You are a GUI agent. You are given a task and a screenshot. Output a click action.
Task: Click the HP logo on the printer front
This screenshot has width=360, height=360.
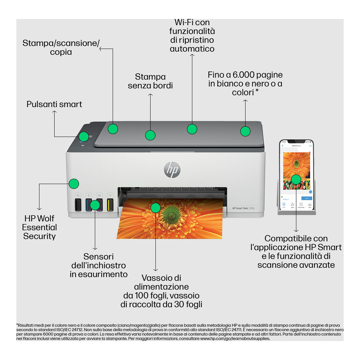pos(172,170)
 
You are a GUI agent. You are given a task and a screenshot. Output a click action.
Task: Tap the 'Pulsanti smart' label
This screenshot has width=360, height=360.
pos(54,104)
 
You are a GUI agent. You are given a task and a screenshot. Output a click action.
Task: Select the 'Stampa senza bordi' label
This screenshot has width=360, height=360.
pos(150,81)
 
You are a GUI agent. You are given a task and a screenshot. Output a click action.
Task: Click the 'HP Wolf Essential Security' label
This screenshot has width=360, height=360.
pos(39,227)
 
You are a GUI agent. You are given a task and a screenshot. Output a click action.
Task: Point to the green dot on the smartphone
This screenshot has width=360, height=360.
pos(296,179)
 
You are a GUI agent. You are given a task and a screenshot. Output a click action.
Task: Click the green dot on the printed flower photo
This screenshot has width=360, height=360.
pos(156,207)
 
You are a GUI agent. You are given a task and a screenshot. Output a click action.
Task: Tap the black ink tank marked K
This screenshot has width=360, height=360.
pos(78,204)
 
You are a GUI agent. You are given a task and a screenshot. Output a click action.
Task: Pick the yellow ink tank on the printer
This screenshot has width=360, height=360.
pos(110,204)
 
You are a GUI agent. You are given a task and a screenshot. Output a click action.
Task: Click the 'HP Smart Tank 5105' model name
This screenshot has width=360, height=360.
pos(243,208)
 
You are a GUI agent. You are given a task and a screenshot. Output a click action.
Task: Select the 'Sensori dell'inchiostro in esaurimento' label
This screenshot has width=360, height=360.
pos(99,265)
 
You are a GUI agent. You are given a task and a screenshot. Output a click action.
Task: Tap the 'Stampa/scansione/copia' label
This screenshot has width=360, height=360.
pos(61,47)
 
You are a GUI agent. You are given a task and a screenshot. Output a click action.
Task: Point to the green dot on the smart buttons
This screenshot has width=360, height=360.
pos(84,136)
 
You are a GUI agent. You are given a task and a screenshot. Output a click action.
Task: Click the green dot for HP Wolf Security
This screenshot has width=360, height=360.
pos(74,184)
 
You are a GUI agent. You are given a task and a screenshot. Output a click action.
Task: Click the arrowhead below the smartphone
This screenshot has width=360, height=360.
pos(296,230)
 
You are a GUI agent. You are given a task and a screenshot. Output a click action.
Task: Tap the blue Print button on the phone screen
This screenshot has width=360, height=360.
pos(307,198)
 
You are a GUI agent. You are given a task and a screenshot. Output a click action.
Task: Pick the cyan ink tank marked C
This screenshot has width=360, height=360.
pos(88,204)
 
